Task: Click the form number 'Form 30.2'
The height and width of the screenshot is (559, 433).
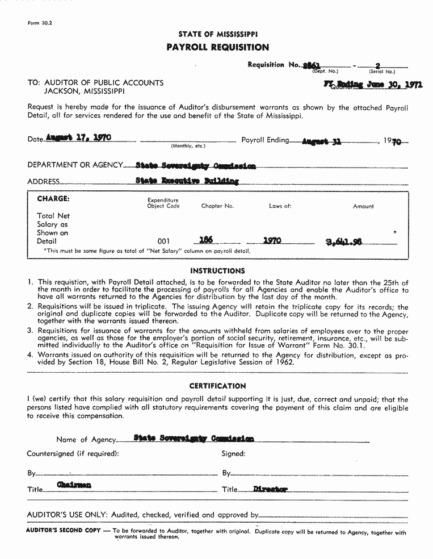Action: (x=36, y=23)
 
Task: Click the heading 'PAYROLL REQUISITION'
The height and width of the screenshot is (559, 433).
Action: (x=218, y=47)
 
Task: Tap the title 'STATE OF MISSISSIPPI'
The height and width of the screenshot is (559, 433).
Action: (x=218, y=34)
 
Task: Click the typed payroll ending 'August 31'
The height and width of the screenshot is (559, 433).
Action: (x=321, y=141)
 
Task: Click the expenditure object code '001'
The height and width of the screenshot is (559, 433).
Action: (x=163, y=241)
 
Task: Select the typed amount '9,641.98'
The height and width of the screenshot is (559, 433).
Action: (x=344, y=241)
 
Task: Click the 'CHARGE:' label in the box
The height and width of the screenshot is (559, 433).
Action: (x=53, y=199)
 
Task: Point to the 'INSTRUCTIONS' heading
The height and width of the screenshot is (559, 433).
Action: (x=217, y=271)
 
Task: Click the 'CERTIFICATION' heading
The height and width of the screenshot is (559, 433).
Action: (x=217, y=386)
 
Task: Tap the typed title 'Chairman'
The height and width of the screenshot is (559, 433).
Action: (x=74, y=485)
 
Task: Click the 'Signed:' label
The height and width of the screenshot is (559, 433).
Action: (x=233, y=454)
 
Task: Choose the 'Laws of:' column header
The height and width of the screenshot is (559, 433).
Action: (x=280, y=206)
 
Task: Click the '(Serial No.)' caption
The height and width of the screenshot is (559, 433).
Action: (x=382, y=72)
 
